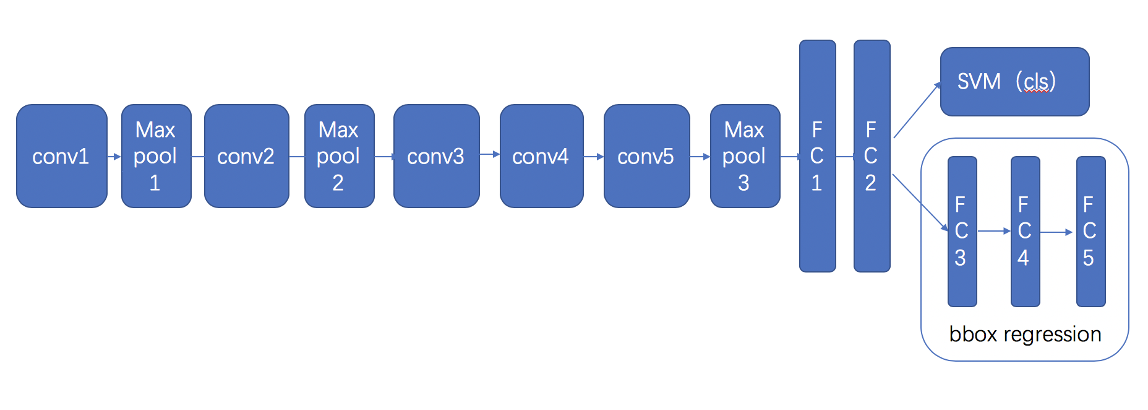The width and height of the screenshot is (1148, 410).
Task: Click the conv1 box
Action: pos(61,156)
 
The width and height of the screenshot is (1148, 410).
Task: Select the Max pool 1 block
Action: pos(156,156)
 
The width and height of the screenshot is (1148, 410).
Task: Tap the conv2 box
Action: pos(246,156)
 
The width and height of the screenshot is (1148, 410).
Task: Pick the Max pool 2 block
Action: pos(339,156)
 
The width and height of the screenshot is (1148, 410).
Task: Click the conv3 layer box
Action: pos(436,156)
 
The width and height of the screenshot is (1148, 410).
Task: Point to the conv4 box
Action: pos(541,156)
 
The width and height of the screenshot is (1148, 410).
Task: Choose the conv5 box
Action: pos(646,156)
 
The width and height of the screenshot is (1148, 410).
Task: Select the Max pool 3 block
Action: pos(745,156)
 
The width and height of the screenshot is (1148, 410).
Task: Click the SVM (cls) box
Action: pos(1014,82)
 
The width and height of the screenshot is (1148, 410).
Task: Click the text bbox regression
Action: pos(1025,334)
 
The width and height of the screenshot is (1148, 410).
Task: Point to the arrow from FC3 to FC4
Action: pos(993,231)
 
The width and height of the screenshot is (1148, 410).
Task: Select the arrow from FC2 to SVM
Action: pos(917,110)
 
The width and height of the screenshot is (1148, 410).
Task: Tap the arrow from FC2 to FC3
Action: pos(920,203)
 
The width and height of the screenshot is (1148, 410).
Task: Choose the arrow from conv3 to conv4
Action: pos(489,154)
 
